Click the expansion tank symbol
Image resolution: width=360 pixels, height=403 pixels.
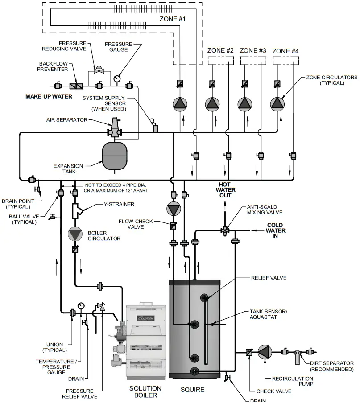tap(115, 156)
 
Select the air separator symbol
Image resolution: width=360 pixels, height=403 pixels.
tap(116, 127)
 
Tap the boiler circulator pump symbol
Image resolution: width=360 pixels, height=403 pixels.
tap(74, 234)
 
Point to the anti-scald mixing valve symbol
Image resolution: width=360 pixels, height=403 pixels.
tap(224, 230)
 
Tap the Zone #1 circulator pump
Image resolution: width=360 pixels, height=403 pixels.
tap(180, 103)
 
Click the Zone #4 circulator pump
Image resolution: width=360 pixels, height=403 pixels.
tap(277, 103)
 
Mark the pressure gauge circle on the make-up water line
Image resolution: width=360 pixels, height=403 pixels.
tap(117, 79)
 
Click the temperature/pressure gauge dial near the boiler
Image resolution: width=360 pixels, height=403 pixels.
tap(81, 306)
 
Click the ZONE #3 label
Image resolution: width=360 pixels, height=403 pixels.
tap(253, 50)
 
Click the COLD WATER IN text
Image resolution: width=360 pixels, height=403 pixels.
tap(276, 230)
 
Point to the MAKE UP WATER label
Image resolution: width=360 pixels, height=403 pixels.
tap(49, 96)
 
